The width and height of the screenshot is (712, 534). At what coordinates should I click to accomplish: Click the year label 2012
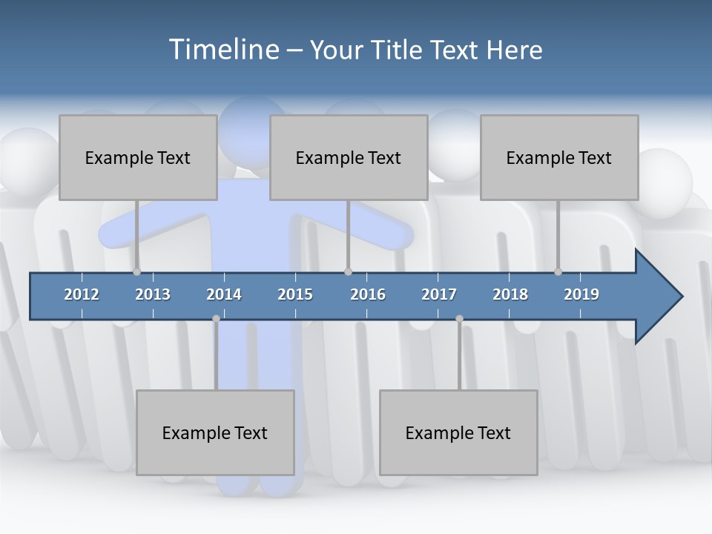(82, 294)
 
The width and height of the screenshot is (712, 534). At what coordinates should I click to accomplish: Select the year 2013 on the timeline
(153, 294)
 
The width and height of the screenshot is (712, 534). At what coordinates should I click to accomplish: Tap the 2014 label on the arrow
(224, 294)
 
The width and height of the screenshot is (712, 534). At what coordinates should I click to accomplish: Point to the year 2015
(295, 294)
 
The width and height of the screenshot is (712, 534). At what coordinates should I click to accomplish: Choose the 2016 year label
(368, 294)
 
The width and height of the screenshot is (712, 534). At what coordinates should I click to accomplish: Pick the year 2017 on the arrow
(439, 294)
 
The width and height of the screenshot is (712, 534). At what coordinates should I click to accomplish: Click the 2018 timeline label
(510, 294)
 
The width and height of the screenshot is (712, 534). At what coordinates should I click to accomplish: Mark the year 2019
(581, 294)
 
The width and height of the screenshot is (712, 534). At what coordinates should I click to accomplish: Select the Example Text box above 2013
(138, 157)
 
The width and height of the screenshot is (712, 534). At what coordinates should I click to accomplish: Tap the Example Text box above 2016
(349, 157)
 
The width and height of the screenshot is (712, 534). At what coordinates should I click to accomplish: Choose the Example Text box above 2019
(559, 157)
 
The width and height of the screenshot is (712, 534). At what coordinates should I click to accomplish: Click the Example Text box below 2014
(215, 432)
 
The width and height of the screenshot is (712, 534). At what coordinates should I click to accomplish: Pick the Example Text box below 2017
(458, 432)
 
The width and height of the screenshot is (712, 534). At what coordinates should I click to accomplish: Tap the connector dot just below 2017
(459, 318)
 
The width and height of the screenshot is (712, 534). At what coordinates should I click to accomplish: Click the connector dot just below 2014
(216, 318)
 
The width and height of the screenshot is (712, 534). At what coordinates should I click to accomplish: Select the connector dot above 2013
(136, 272)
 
